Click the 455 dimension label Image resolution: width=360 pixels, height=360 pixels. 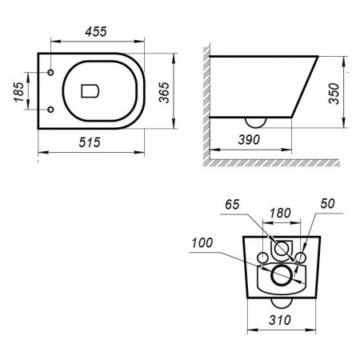click(96, 31)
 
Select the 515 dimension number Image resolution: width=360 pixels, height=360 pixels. click(90, 142)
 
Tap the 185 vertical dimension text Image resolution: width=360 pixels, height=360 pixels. click(19, 92)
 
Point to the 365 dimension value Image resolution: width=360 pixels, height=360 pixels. click(164, 92)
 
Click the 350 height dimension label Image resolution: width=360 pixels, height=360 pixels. click(334, 94)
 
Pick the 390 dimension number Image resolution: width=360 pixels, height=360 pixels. click(249, 140)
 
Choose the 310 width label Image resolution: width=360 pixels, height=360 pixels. click(280, 320)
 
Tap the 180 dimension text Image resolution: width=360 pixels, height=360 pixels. click(280, 214)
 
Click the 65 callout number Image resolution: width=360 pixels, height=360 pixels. click(232, 205)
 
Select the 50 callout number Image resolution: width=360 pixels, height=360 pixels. click(327, 204)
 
